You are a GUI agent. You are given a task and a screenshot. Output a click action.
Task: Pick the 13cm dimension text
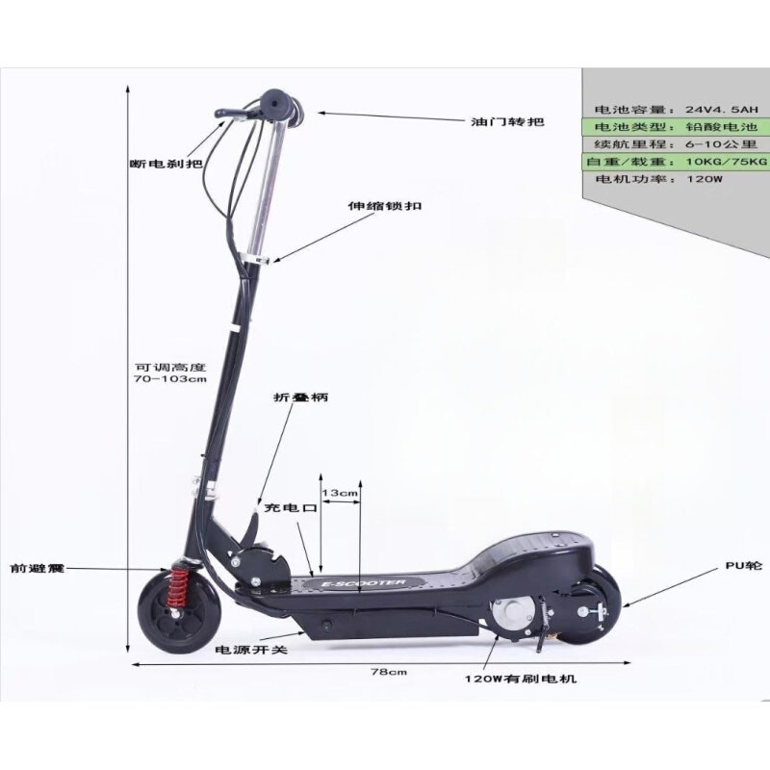click(x=341, y=493)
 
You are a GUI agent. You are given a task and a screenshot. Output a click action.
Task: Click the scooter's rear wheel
click(x=591, y=605)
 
